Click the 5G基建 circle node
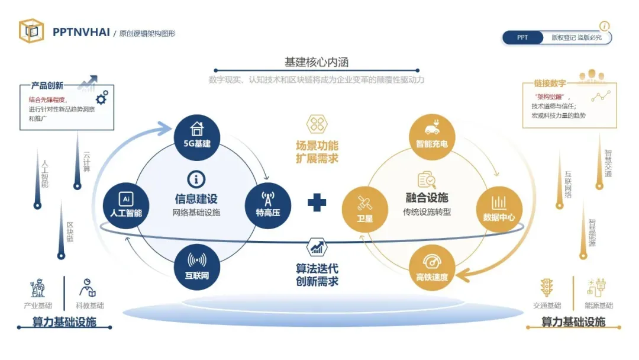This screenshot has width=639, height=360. coord(196,136)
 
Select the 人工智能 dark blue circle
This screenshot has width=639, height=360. coord(125,205)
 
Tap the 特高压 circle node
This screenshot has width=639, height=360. coord(267,204)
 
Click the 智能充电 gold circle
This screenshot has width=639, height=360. coord(432,136)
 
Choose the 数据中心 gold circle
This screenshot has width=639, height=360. coord(499,209)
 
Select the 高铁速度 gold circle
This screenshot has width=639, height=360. coord(432,268)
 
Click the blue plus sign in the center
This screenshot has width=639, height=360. coord(317,202)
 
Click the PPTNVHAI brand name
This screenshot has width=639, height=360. coord(81,33)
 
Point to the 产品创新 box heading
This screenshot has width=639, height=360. coord(47,85)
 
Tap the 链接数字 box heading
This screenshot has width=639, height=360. coord(550,84)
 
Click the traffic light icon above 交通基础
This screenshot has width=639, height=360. coord(545,288)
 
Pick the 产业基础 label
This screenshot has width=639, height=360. coord(37,306)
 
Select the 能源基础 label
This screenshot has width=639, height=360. coord(598,306)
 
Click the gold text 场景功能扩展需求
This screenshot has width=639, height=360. coord(317,152)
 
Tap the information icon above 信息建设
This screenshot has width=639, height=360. coord(196,179)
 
